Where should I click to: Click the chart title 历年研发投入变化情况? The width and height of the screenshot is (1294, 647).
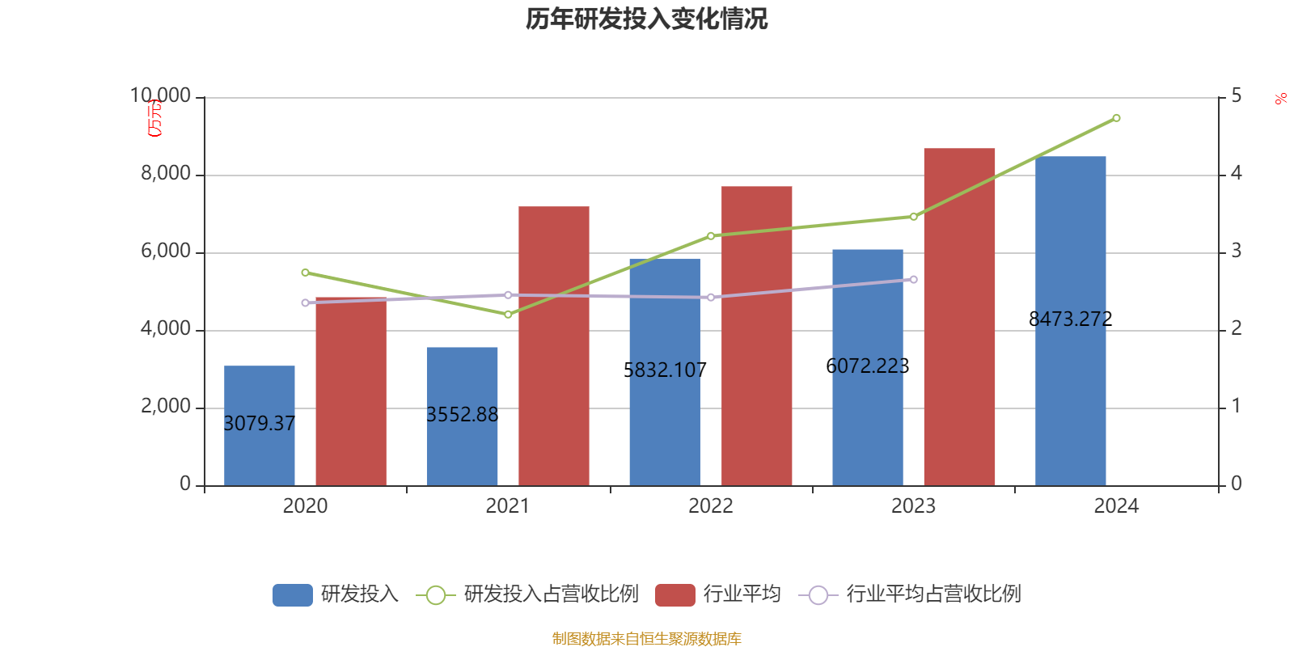[646, 19]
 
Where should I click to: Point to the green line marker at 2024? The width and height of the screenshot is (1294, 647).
[1116, 118]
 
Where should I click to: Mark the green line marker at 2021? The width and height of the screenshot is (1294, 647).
[508, 314]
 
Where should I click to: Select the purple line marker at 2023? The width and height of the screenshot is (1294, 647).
[914, 280]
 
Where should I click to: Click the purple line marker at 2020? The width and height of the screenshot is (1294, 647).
[305, 302]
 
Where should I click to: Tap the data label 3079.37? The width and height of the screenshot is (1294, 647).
[259, 424]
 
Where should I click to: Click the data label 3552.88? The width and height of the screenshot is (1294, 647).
[462, 415]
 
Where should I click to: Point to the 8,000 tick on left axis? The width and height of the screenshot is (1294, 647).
[166, 174]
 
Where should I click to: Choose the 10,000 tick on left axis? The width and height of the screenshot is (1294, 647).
[161, 96]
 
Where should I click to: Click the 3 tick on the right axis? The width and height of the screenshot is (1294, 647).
[1236, 252]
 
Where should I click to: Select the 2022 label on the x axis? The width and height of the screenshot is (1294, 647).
[710, 506]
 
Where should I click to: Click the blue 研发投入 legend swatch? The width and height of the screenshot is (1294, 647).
[292, 595]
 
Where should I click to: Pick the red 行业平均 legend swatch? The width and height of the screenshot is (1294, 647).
[674, 595]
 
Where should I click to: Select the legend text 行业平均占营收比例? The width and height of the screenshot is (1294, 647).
[933, 594]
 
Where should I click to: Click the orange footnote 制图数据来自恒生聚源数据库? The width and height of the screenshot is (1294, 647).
[646, 639]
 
